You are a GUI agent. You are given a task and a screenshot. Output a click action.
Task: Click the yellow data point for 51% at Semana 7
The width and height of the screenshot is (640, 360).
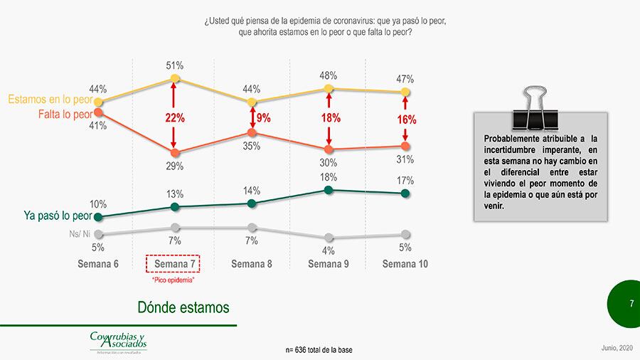tap(175, 78)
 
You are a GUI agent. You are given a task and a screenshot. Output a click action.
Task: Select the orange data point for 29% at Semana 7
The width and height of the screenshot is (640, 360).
tap(175, 152)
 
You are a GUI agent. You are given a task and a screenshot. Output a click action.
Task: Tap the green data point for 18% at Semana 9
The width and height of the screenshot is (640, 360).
tap(328, 189)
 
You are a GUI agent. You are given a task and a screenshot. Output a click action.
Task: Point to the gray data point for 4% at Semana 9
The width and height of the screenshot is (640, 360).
tap(328, 238)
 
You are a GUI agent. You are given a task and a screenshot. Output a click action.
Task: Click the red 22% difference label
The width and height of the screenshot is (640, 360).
tap(175, 117)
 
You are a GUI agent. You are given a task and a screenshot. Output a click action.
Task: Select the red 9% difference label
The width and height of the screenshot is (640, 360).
tap(263, 118)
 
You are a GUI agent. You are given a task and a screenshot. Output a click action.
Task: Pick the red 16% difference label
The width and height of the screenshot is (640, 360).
tap(405, 120)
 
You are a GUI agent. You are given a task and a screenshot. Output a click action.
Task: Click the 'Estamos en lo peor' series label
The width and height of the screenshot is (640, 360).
tap(48, 100)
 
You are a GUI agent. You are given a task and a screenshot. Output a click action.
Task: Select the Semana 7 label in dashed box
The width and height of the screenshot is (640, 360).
tap(174, 263)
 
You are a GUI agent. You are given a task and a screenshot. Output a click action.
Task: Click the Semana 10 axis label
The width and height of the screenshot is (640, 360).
tap(405, 263)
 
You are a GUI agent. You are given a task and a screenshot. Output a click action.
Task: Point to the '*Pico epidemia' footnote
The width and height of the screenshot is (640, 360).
tap(174, 280)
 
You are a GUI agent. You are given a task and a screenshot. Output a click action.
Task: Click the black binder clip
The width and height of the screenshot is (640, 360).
tap(535, 106)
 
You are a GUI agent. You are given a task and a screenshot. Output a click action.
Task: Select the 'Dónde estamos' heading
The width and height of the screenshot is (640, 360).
tap(183, 307)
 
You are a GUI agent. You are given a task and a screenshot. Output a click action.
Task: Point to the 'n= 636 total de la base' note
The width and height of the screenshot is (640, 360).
tap(319, 350)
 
